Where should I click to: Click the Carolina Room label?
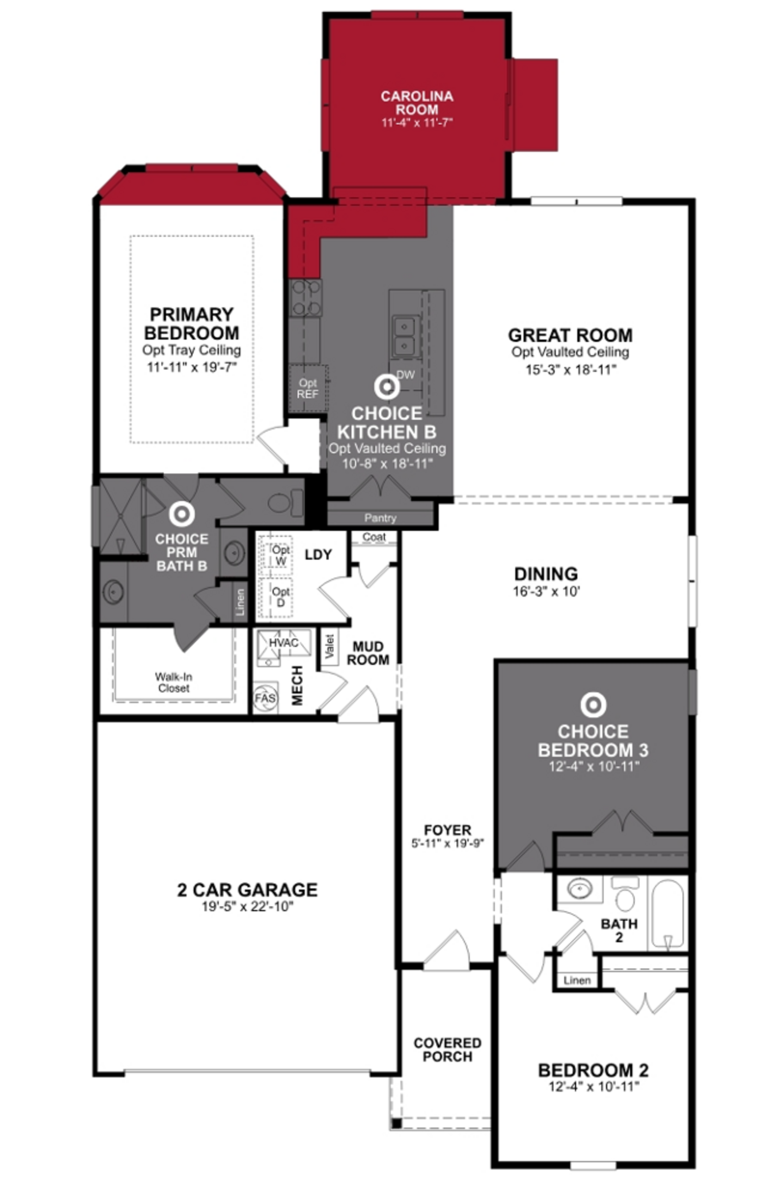(x=416, y=103)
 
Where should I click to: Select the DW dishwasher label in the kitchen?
(x=405, y=375)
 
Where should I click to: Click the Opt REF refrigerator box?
(x=308, y=389)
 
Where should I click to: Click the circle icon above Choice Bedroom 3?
(x=593, y=704)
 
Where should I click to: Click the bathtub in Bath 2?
(x=667, y=913)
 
